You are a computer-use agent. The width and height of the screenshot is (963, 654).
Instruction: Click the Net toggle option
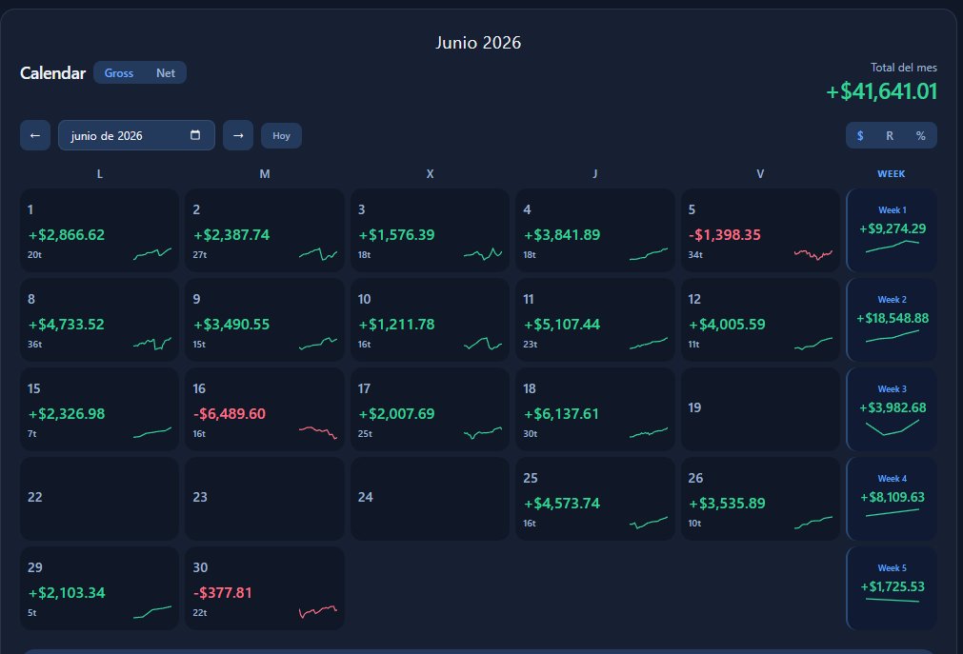(165, 73)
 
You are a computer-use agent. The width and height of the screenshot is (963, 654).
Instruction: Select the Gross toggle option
(118, 73)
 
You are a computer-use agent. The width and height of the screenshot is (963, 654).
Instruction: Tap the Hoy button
(281, 136)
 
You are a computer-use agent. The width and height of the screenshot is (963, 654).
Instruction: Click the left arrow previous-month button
(35, 136)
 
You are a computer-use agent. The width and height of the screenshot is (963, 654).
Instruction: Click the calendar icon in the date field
(195, 135)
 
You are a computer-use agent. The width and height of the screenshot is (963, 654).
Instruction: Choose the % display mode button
(921, 136)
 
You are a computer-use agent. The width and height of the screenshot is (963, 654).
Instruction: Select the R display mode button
(890, 136)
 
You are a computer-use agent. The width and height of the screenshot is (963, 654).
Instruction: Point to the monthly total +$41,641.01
(881, 91)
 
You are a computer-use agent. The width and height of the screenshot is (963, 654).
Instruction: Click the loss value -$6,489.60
(229, 414)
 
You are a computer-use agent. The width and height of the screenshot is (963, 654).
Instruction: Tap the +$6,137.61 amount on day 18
(561, 414)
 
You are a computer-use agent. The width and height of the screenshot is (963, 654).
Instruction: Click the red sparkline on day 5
(813, 253)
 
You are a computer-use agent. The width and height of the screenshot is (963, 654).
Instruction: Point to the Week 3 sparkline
(893, 427)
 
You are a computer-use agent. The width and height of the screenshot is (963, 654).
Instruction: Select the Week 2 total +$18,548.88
(893, 318)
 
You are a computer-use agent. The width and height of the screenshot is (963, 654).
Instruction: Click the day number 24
(366, 497)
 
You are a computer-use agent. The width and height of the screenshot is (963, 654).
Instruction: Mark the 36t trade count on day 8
(34, 345)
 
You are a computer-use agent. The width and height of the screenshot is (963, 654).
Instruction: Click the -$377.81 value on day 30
(222, 592)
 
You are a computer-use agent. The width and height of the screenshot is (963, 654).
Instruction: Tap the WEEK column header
(892, 174)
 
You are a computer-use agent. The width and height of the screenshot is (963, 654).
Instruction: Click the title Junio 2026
(478, 43)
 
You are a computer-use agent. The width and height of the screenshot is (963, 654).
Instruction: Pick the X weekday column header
(430, 174)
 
